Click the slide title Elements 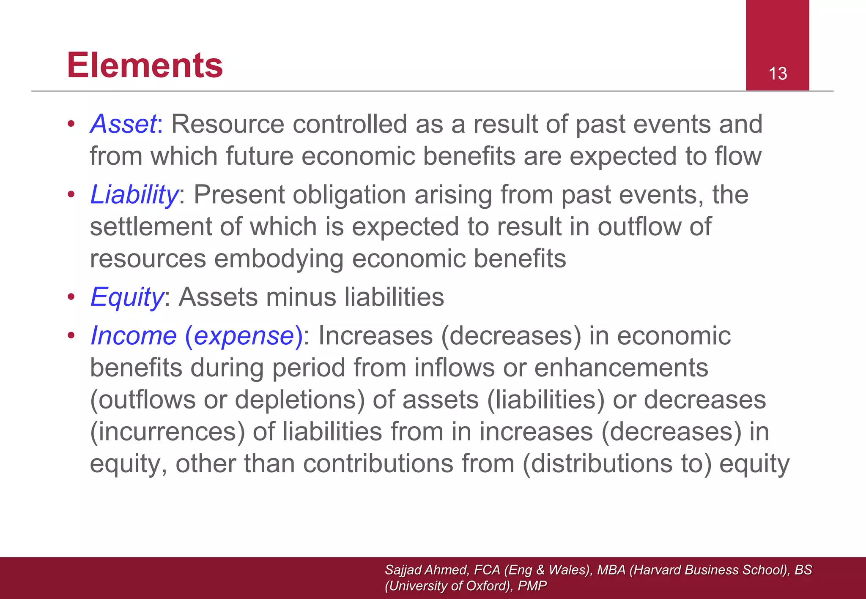tap(145, 65)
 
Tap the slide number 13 tap(777, 74)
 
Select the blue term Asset tap(123, 124)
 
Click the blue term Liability tap(134, 195)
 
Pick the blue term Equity tap(126, 297)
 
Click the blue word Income tap(133, 336)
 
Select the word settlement tap(150, 227)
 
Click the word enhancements tap(621, 368)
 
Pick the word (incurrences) tap(167, 432)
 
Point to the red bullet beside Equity tap(71, 297)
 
